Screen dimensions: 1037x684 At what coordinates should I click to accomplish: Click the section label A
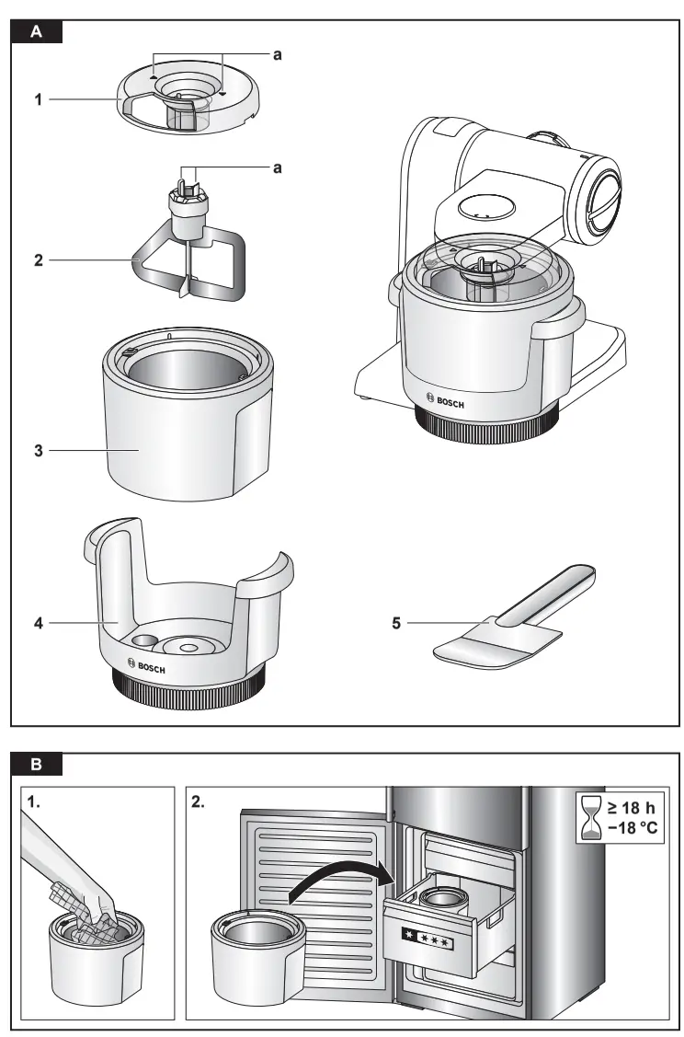click(36, 31)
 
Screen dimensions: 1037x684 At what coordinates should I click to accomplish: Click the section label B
click(36, 764)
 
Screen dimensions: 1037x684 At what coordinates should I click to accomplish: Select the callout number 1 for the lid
click(39, 98)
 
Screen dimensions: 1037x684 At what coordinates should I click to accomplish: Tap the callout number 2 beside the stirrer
click(39, 260)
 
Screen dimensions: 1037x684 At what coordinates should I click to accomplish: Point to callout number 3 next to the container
click(39, 451)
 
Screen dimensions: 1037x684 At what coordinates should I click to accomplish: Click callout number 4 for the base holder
click(39, 623)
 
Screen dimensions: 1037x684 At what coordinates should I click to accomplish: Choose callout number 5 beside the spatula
click(396, 623)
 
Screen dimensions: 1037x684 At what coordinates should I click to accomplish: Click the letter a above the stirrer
click(277, 167)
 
